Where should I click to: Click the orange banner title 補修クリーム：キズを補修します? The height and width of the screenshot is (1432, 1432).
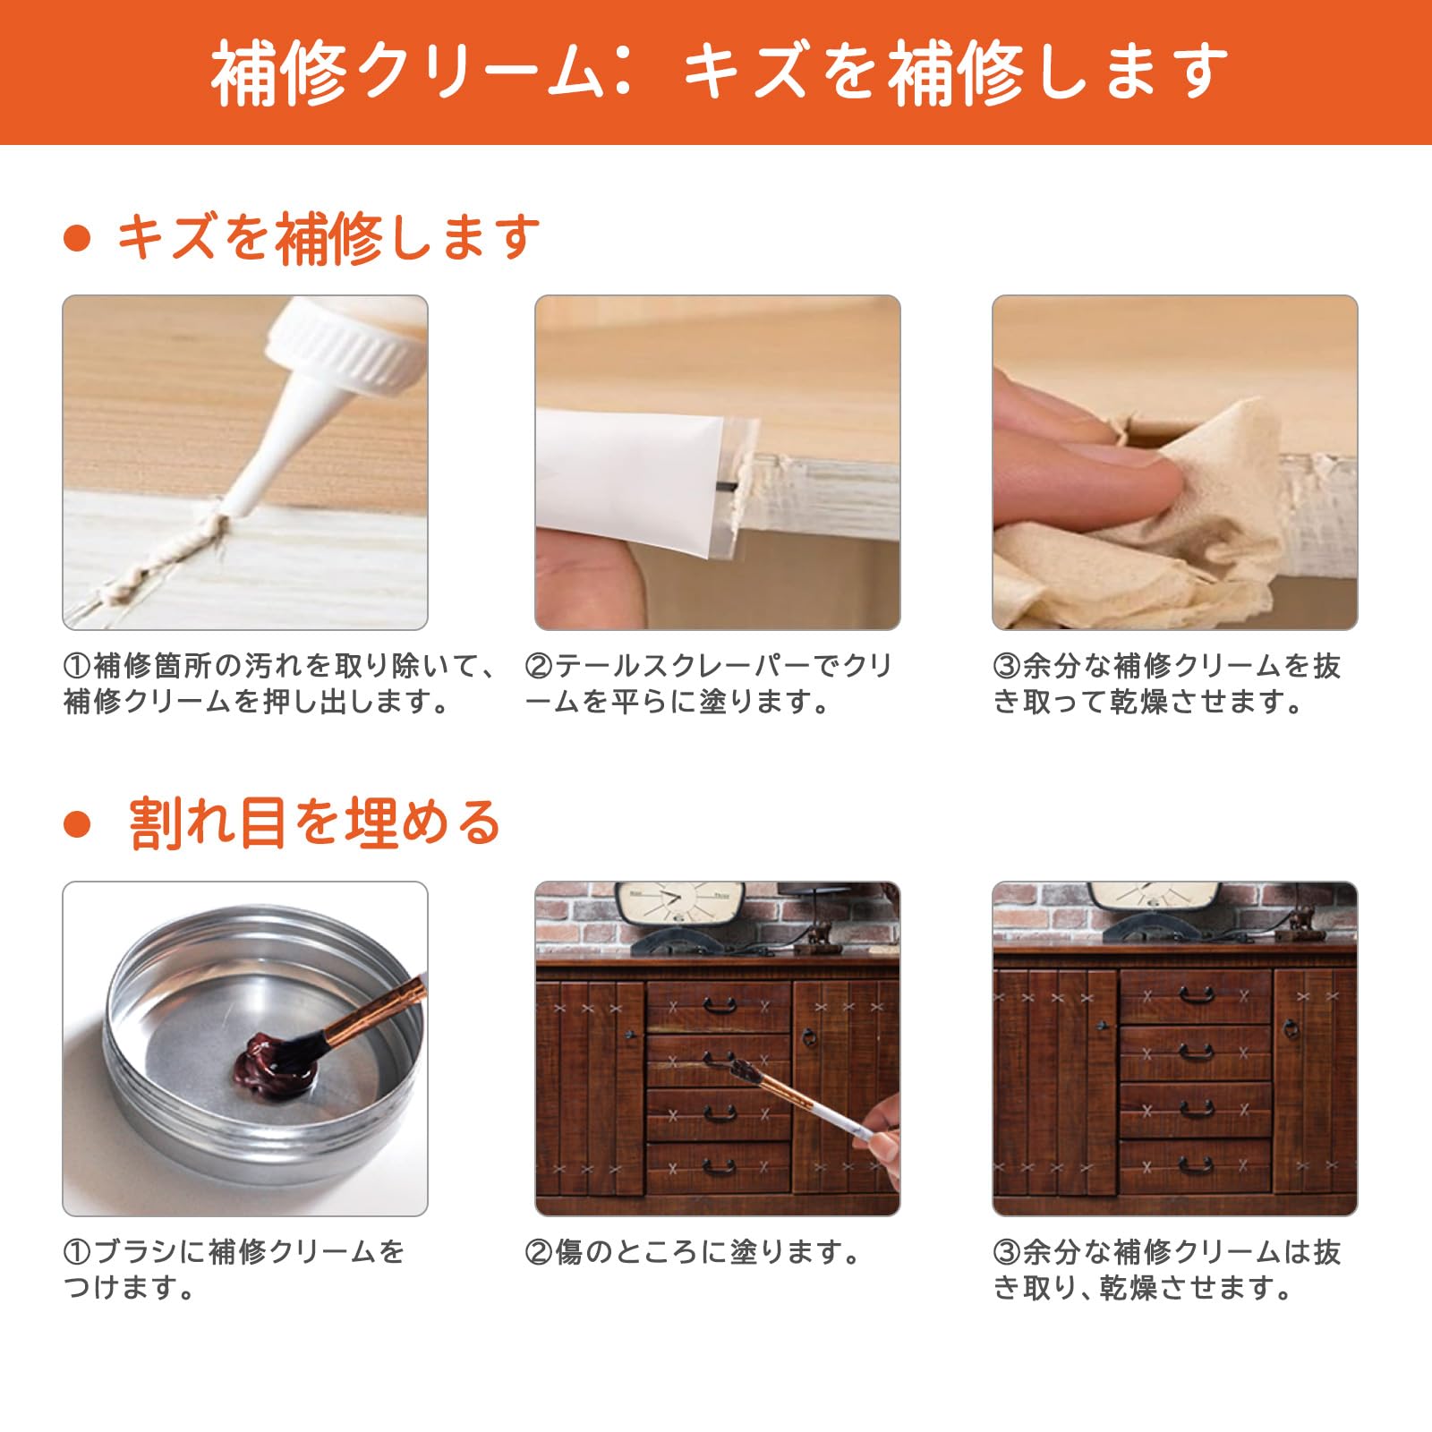tap(719, 71)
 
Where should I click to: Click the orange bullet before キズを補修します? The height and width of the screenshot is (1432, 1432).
tap(78, 239)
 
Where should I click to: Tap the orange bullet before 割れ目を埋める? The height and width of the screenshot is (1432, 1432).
tap(78, 824)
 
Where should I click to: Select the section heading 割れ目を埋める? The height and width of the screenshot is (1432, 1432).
tap(314, 823)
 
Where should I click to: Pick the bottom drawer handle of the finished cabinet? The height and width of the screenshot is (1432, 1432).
tap(1196, 1165)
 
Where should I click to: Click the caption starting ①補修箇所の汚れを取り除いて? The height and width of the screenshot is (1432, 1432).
tap(280, 684)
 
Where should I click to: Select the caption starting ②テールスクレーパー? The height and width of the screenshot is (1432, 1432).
tap(709, 684)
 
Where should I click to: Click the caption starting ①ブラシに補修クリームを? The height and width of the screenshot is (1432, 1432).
tap(234, 1270)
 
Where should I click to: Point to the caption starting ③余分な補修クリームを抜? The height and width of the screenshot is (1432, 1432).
tap(1167, 684)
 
